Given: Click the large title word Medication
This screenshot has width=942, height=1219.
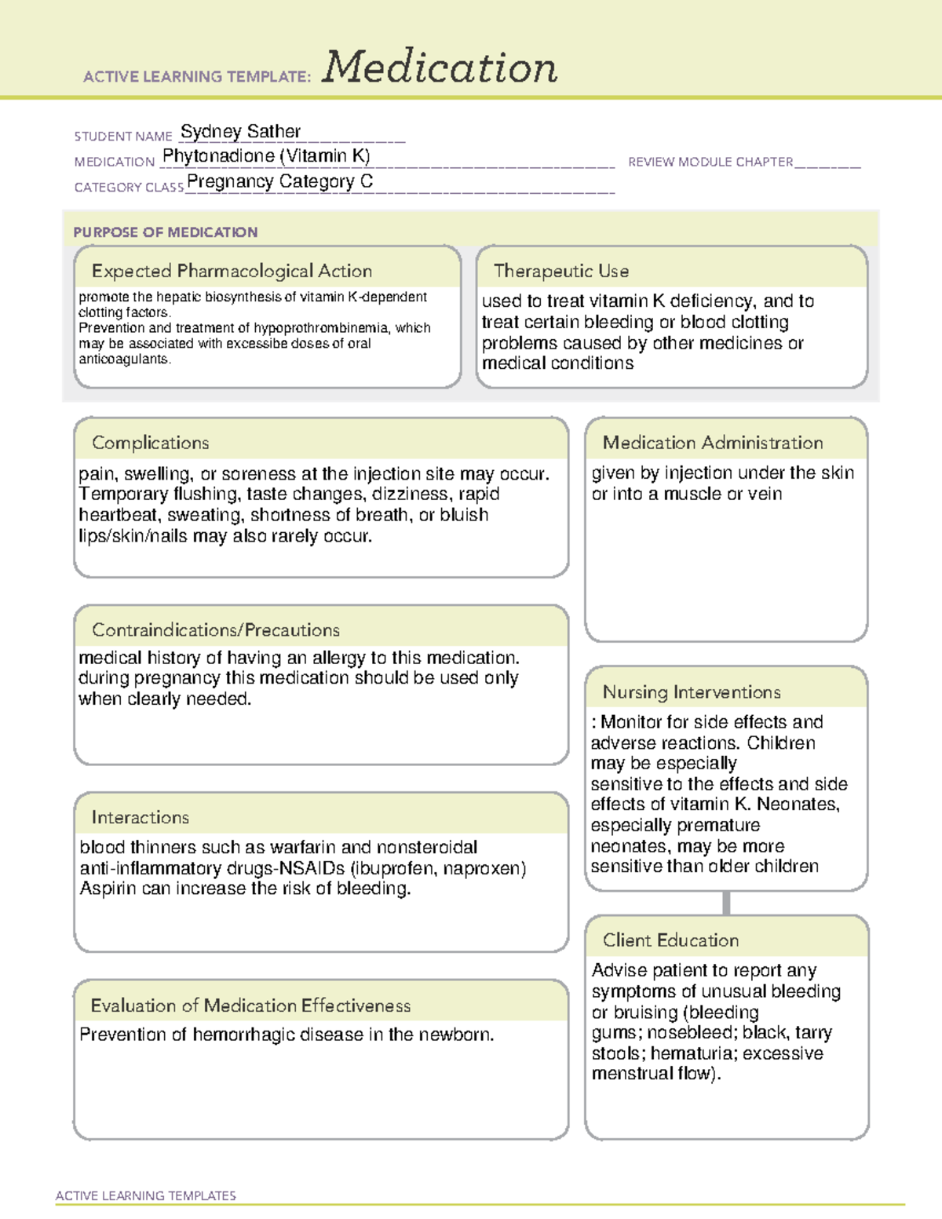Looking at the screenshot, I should [440, 68].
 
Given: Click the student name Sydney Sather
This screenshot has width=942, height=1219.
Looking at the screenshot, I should [240, 131].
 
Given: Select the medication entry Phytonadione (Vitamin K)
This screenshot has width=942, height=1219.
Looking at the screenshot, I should [266, 156].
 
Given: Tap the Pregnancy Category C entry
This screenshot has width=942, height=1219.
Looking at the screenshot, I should [279, 181].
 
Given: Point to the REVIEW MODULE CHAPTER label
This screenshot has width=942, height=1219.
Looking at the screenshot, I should [710, 162].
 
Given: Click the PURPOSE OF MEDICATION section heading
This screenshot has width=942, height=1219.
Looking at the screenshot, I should [165, 232].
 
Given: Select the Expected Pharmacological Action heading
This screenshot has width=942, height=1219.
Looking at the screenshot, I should [232, 271].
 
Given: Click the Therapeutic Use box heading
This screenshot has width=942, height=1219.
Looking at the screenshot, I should [560, 271].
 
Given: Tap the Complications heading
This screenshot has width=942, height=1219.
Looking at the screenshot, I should [150, 443].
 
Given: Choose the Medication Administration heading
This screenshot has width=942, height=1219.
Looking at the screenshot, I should [712, 443].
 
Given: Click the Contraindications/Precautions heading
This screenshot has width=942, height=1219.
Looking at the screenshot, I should [215, 630].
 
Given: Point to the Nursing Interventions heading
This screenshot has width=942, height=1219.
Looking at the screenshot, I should [691, 692].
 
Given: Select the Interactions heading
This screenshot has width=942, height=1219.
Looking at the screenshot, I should [140, 817].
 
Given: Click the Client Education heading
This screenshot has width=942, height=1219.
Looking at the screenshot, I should [670, 940].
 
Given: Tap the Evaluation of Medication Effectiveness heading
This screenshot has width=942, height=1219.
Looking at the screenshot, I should [250, 1005].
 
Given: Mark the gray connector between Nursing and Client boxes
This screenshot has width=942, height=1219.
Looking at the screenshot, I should [726, 903].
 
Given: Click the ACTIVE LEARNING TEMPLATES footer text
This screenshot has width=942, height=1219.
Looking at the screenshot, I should [145, 1195].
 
